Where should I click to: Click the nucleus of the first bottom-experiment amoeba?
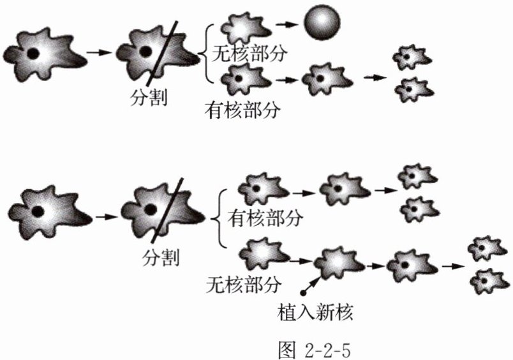click(x=38, y=211)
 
